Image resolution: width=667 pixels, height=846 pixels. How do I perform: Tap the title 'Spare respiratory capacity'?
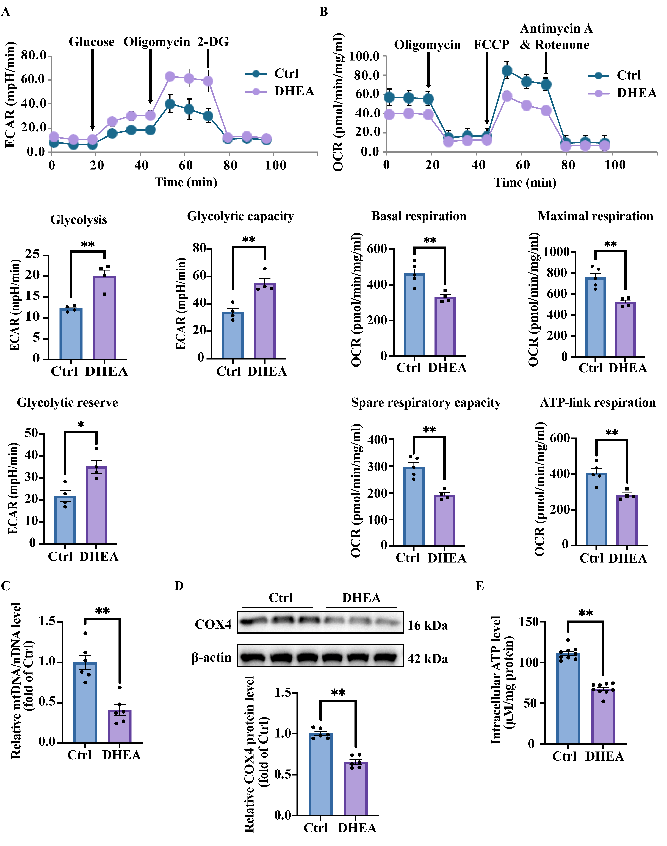[426, 403]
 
